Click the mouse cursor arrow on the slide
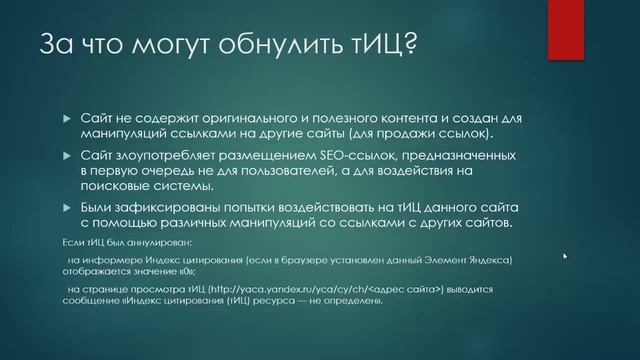click(x=565, y=256)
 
